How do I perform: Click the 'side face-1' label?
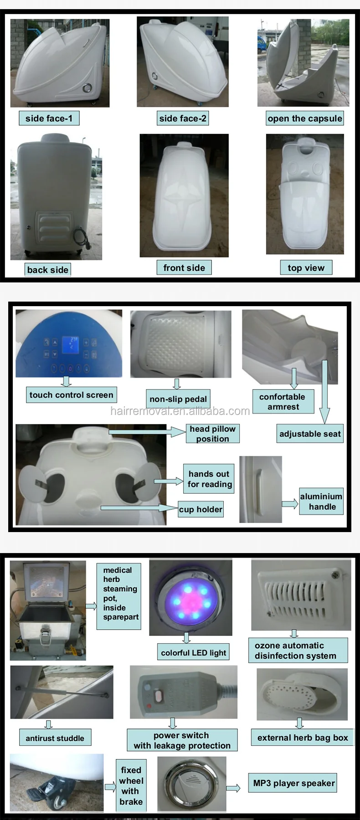49,118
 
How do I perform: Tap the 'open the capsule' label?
304,118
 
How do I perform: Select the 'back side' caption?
48,270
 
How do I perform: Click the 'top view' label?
306,268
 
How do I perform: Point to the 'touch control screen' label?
71,395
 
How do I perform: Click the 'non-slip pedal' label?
178,399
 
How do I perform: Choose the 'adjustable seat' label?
310,434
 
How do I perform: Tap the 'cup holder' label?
201,509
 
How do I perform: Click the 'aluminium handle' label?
321,502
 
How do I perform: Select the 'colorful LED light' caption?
193,653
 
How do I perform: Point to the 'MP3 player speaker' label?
294,783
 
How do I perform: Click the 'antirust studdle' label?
55,738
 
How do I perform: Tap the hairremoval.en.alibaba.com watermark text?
180,411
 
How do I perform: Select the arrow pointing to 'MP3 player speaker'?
233,788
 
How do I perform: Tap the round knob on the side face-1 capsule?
87,88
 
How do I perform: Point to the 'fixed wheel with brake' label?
131,785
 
